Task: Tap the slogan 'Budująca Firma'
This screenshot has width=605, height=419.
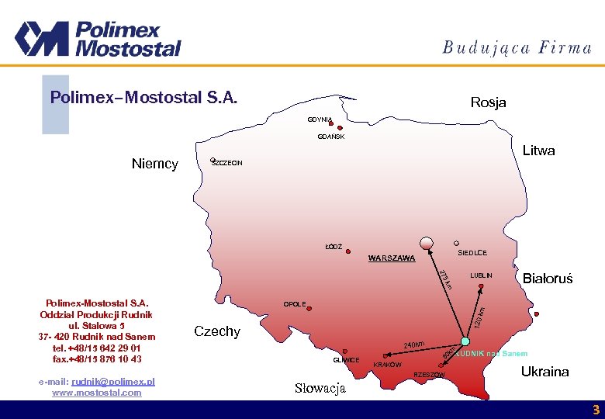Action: tap(517, 47)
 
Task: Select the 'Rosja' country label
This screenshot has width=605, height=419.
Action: tap(488, 102)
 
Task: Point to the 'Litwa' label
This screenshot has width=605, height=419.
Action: tap(538, 151)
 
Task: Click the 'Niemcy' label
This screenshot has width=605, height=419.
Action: tap(155, 164)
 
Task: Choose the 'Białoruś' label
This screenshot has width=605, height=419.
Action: tap(548, 279)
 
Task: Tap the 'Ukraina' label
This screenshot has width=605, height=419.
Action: tap(544, 372)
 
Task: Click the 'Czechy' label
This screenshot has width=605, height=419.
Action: tap(217, 331)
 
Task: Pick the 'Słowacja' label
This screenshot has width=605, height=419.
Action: tap(320, 388)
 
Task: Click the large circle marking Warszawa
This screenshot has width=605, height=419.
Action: tap(426, 244)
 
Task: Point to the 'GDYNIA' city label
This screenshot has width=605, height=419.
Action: tap(319, 119)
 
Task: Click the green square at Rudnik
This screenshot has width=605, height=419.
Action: tap(465, 342)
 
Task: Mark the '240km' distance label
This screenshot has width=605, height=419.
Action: tap(415, 345)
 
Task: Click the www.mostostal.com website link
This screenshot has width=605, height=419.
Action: tap(97, 393)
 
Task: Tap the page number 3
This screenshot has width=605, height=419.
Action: tap(596, 410)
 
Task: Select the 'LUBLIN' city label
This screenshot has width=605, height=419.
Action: tap(481, 276)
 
